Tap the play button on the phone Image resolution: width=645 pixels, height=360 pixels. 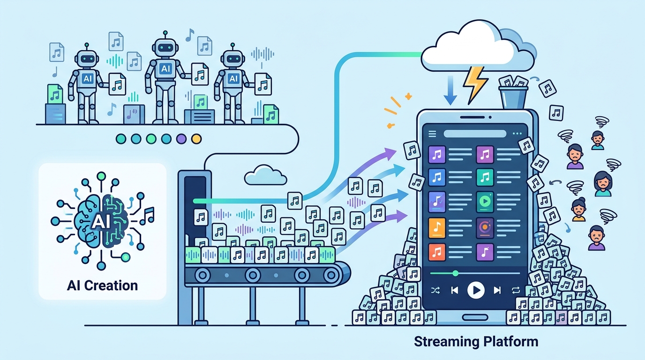coord(476,290)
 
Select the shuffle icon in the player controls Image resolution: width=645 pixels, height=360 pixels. coord(435,290)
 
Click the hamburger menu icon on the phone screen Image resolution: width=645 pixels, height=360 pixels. coord(432,134)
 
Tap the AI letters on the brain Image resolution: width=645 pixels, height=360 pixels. coord(101,222)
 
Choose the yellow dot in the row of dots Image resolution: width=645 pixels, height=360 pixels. coord(196,139)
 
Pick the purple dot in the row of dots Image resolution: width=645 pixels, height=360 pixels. coord(181,139)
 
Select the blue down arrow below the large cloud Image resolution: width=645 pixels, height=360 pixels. coord(450,90)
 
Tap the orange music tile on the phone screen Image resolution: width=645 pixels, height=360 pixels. coord(437,228)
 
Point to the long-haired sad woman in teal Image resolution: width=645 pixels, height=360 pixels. coord(603,184)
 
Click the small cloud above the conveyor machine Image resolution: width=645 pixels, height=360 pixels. coord(265,175)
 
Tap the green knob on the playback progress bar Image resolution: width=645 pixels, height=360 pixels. coord(455,273)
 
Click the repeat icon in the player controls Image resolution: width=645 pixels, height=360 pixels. coord(516,290)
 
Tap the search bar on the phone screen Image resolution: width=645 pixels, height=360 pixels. coord(475,134)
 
